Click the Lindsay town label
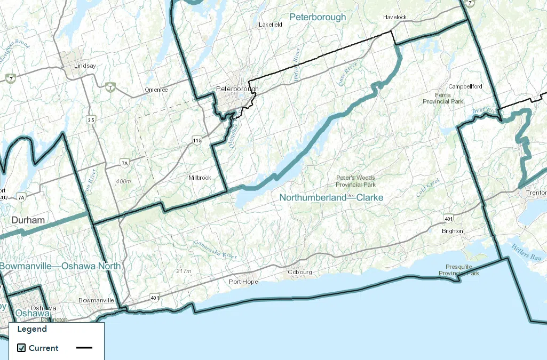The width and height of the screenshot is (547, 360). pyautogui.click(x=85, y=66)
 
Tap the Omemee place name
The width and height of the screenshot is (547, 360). pyautogui.click(x=156, y=90)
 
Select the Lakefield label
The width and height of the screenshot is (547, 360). pyautogui.click(x=269, y=25)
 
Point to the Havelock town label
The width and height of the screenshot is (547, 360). pyautogui.click(x=394, y=17)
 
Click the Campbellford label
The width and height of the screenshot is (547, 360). pyautogui.click(x=465, y=86)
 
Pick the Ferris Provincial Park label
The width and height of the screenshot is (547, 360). pyautogui.click(x=443, y=98)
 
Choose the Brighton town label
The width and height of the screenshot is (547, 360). pyautogui.click(x=452, y=231)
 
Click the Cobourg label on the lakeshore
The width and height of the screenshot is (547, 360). pyautogui.click(x=299, y=272)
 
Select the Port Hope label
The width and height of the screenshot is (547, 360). pyautogui.click(x=243, y=282)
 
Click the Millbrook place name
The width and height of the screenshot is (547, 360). pyautogui.click(x=200, y=178)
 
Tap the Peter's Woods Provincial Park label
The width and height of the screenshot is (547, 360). pyautogui.click(x=355, y=181)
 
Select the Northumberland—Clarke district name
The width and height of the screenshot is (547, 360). pyautogui.click(x=331, y=197)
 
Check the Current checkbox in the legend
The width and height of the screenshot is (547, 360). pyautogui.click(x=21, y=348)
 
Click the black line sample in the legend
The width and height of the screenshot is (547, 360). pyautogui.click(x=84, y=348)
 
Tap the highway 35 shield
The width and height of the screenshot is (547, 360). pyautogui.click(x=91, y=120)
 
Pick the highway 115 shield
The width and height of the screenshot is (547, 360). pyautogui.click(x=197, y=140)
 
